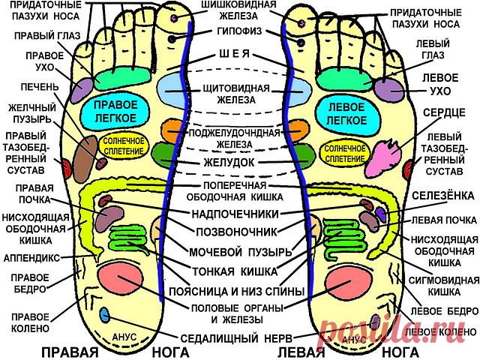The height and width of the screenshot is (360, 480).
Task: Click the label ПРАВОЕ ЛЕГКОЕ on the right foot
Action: [x=115, y=112]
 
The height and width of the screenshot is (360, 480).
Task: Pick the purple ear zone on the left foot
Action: [x=388, y=88]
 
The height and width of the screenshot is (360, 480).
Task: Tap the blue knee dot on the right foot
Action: [x=105, y=313]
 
